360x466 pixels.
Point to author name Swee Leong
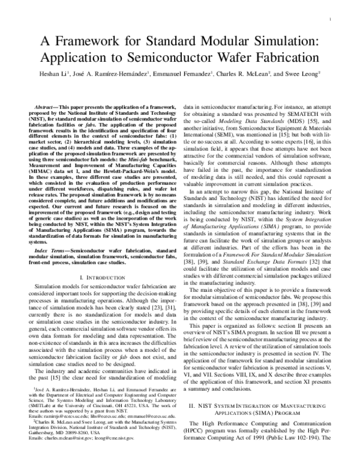pos(304,75)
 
